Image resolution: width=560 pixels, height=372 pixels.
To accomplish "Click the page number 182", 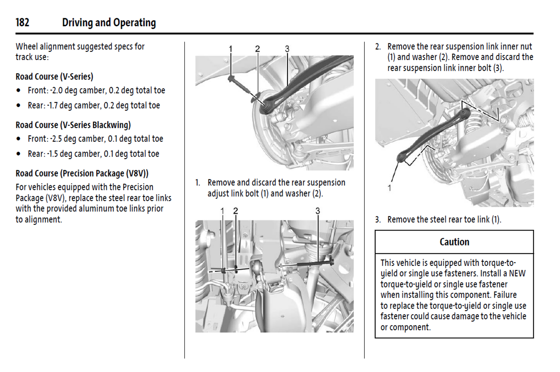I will point(22,22).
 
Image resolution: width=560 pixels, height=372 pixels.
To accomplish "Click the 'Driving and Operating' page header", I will point(109,23).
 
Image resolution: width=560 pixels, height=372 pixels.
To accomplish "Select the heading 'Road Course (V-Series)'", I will point(54,76).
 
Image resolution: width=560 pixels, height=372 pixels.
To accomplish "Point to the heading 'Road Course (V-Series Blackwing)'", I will point(73,125).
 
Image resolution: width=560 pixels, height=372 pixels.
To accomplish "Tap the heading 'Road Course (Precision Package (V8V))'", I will point(82,173).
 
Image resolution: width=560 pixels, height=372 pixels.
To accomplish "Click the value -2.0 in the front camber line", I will point(56,90).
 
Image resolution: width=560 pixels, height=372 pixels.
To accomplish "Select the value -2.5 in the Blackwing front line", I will point(56,139).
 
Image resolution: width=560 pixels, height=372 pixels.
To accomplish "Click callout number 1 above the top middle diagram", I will point(231,49).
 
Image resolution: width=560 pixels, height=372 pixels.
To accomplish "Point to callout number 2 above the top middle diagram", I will point(257,49).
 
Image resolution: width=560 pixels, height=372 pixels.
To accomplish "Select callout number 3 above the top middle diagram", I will point(287,49).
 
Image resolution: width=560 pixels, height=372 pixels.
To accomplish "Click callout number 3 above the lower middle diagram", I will point(318,211).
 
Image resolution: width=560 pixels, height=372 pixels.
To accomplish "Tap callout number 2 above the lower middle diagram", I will point(235,211).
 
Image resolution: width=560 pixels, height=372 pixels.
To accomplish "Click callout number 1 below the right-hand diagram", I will point(389,188).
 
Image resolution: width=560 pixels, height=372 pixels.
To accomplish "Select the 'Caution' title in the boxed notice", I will point(454,242).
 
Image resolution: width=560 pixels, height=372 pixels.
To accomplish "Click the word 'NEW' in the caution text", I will point(517,273).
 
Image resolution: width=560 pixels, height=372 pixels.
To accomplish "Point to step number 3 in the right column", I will point(377,220).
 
